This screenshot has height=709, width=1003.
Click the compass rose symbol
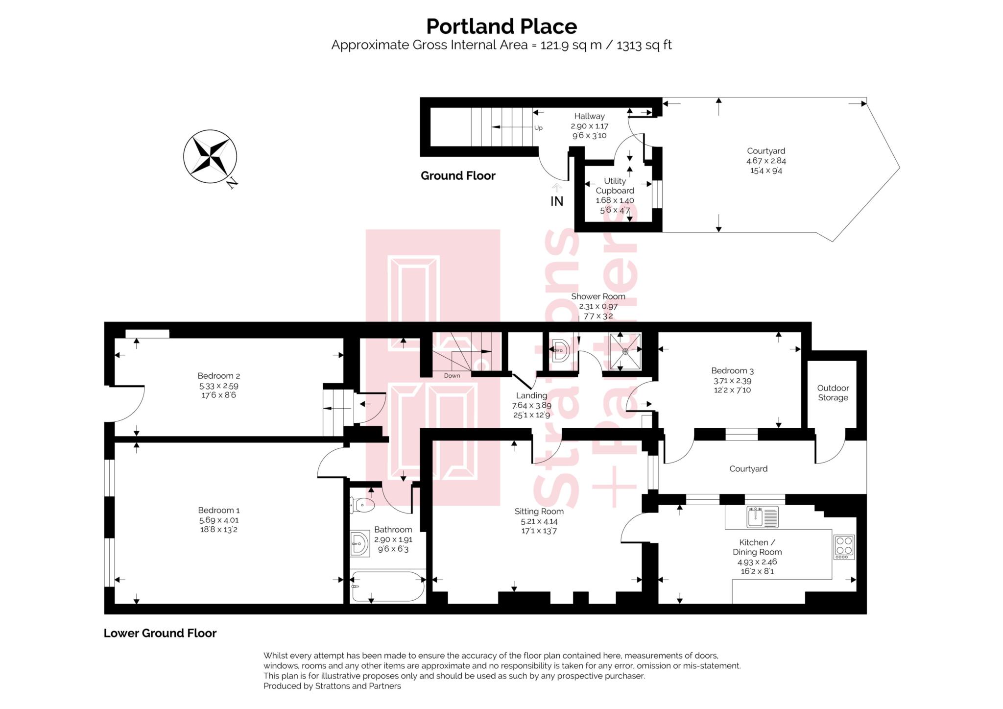(210, 157)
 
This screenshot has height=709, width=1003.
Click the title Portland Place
(501, 26)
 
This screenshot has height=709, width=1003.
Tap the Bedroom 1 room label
(219, 510)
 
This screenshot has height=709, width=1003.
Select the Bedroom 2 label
(218, 376)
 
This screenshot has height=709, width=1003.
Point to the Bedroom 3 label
(732, 371)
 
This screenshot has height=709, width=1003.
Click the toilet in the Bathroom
(362, 505)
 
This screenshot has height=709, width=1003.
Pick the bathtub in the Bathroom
(388, 586)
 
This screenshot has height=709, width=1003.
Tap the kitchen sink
(763, 517)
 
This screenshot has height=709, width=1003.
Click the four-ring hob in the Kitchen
(844, 547)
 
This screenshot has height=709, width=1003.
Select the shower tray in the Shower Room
(625, 351)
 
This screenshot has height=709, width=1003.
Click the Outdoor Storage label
(833, 393)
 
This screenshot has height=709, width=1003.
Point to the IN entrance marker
(557, 201)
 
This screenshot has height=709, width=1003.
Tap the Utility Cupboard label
(615, 186)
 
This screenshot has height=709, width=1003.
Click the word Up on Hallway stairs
(538, 128)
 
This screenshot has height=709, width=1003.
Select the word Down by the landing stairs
(452, 376)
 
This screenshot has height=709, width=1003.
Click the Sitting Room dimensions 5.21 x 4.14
(539, 521)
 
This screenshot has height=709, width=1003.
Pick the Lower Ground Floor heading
(160, 633)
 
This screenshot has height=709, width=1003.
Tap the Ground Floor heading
(458, 175)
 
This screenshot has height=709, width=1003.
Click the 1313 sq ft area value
(644, 45)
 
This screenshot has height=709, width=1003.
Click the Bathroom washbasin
(360, 544)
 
